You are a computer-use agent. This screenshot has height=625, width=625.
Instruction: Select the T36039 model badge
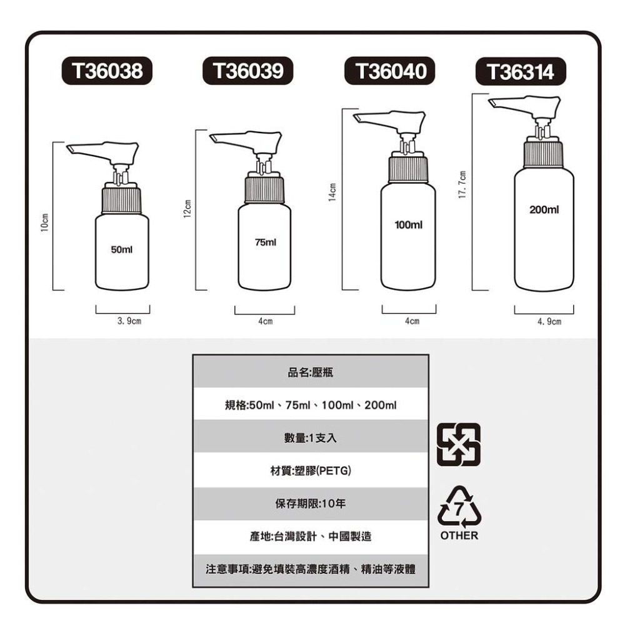248,71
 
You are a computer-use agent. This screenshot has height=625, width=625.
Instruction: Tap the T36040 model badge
391,71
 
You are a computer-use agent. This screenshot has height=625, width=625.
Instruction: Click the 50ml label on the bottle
121,249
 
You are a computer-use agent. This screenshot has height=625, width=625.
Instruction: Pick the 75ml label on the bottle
265,241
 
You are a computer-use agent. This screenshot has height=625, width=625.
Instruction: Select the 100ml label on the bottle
409,224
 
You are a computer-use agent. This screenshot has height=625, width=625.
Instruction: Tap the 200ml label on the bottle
544,210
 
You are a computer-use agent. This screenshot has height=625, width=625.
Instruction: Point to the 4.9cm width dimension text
549,322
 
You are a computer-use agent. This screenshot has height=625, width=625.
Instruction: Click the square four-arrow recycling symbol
459,444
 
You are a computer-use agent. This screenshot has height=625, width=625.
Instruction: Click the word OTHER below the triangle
459,536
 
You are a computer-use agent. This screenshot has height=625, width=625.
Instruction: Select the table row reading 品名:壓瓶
311,372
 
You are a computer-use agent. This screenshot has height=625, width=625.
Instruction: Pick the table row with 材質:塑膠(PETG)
311,469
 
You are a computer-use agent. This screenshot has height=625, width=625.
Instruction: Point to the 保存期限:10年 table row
311,503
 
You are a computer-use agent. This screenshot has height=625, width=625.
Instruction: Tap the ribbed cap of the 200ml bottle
542,154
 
